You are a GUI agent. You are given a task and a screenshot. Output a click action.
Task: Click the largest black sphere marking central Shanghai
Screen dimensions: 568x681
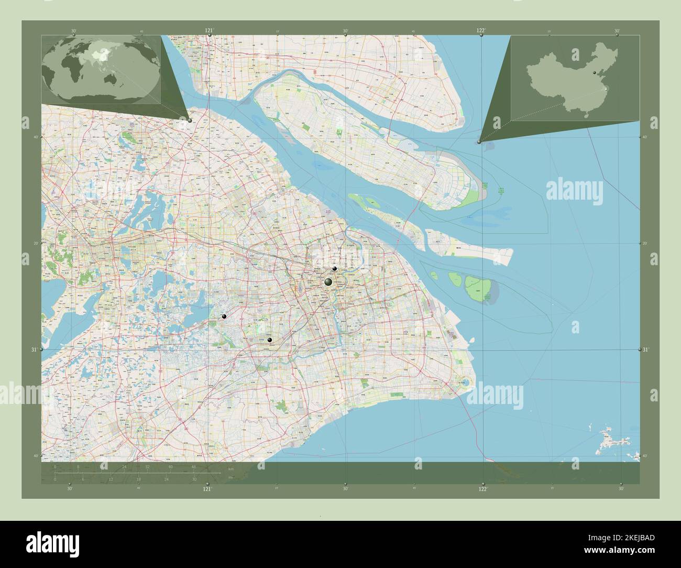[x=328, y=282]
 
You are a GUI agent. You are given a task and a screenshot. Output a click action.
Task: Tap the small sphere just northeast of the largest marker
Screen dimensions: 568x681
[x=335, y=269]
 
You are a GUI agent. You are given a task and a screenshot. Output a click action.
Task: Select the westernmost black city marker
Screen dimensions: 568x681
[x=224, y=316]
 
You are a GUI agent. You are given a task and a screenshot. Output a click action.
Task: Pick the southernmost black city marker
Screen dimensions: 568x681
[x=270, y=340]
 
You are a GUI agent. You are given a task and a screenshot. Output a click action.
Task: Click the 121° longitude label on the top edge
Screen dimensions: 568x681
[x=209, y=30]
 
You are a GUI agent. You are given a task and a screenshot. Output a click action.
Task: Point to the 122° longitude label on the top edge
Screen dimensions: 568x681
[x=480, y=30]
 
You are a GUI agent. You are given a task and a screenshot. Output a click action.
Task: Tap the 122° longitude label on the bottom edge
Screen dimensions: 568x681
[x=482, y=489]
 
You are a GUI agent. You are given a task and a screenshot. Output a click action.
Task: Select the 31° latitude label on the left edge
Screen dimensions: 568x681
[x=35, y=349]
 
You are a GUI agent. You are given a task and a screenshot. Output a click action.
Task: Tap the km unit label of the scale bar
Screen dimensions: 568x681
[x=231, y=468]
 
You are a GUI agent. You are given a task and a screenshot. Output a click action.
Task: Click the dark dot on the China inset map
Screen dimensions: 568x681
[x=595, y=73]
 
